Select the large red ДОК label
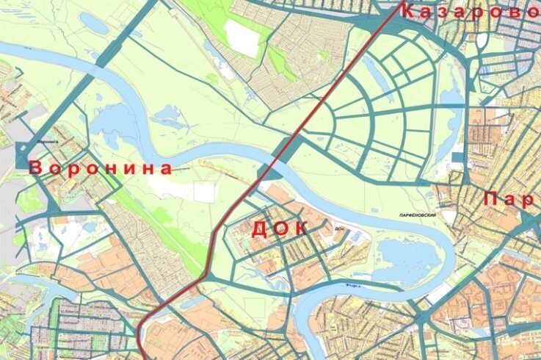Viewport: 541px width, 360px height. (x=279, y=228)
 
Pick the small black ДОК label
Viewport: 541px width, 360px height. (x=339, y=228)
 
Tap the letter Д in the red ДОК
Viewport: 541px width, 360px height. (x=259, y=229)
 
